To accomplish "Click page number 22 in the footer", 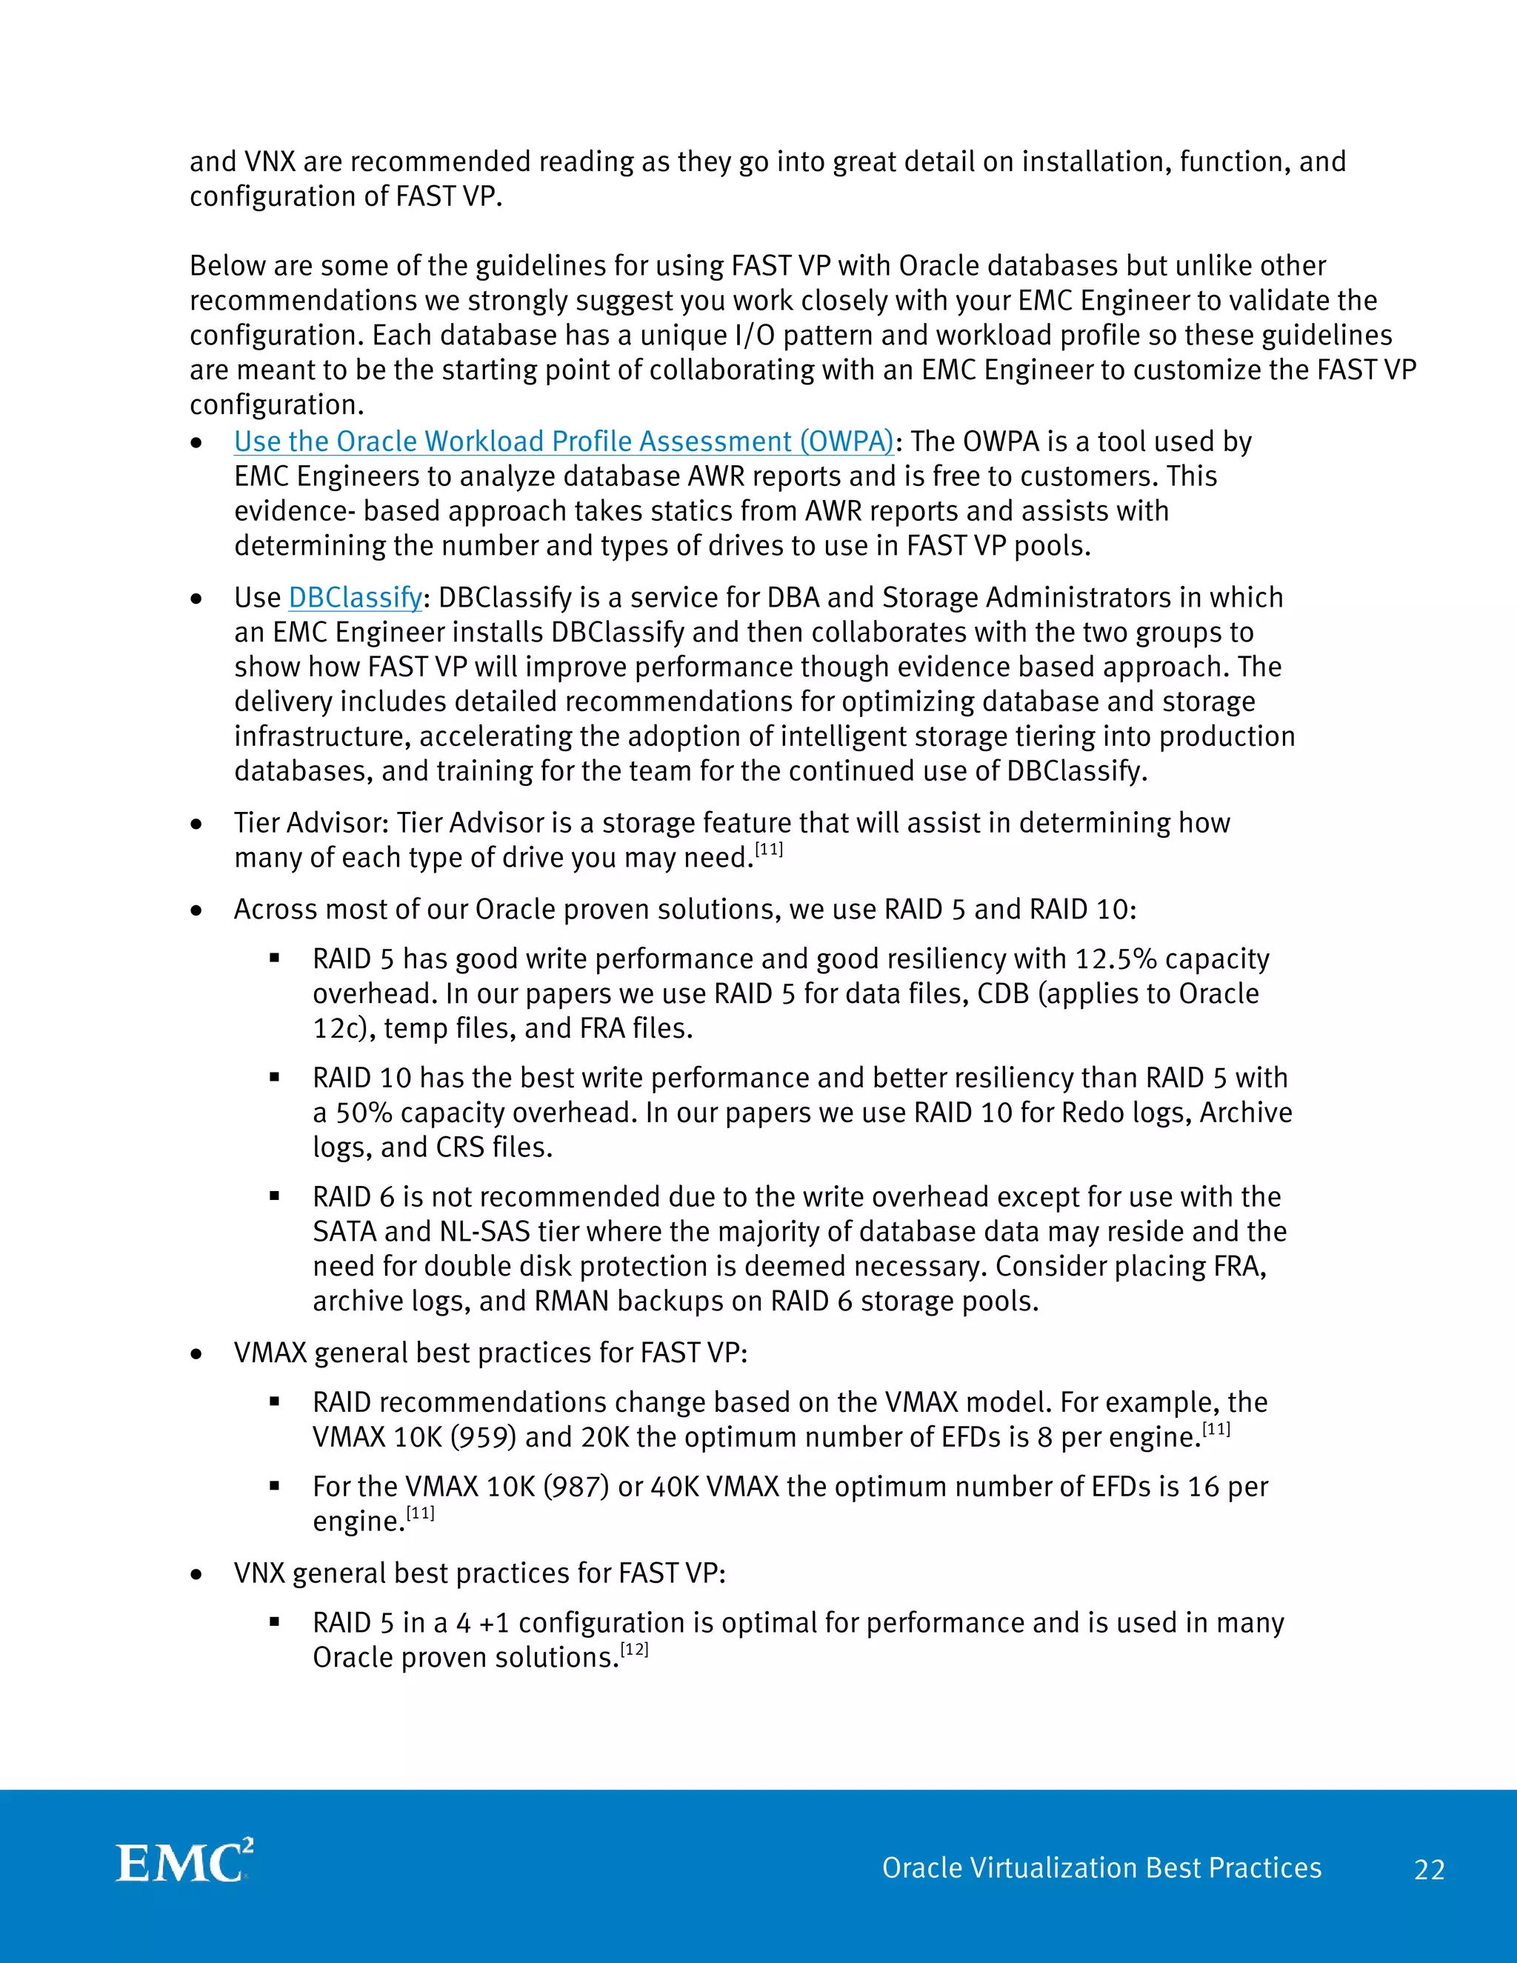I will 1429,1870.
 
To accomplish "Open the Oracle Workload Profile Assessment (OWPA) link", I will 564,441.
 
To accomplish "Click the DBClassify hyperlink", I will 355,598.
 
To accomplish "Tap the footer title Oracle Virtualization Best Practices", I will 1101,1867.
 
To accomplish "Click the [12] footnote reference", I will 635,1650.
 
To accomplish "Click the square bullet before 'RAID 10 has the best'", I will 275,1077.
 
